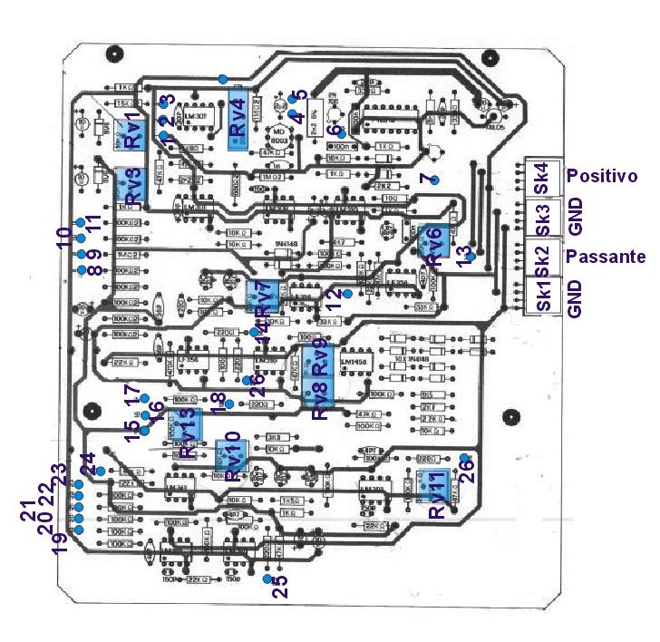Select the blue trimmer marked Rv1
coord(134,131)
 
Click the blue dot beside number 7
coord(434,180)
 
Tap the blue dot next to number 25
coord(267,579)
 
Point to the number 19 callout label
coord(61,541)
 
